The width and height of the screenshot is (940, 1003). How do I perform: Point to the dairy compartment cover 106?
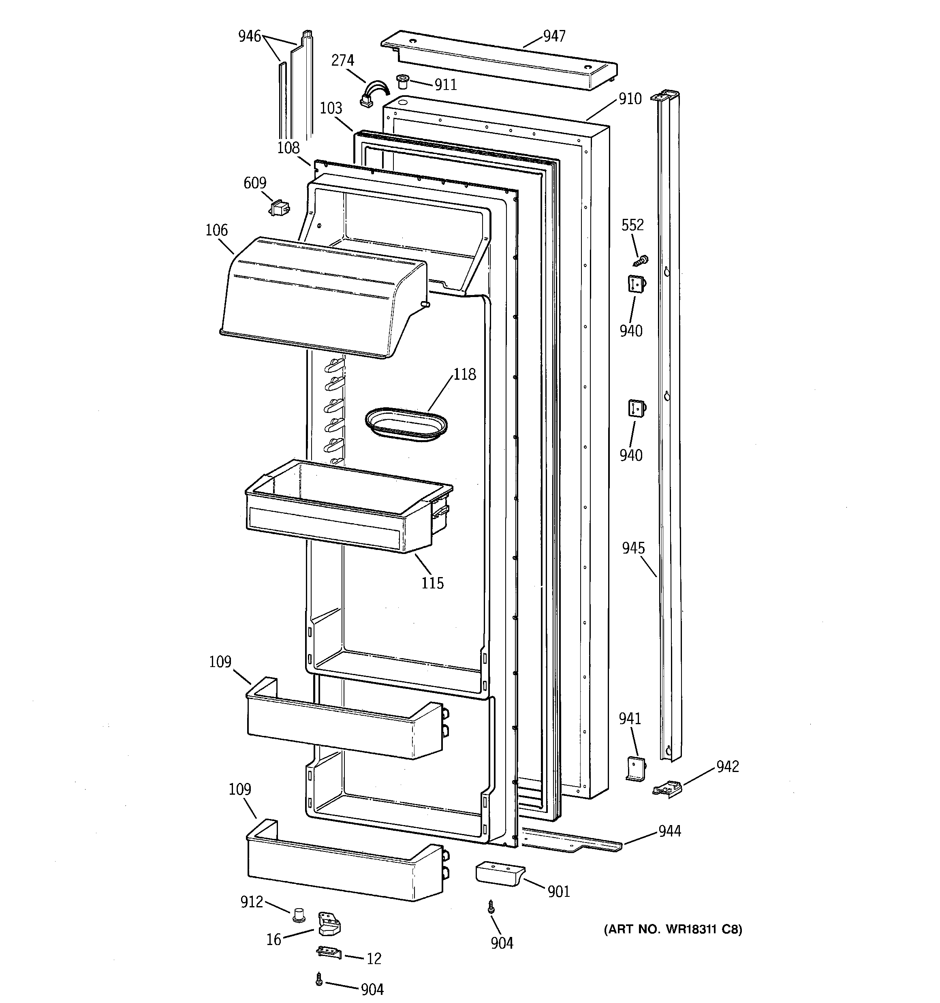[x=318, y=298]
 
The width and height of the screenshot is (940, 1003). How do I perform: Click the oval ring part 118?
[x=406, y=424]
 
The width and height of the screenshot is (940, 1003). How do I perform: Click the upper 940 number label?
[x=631, y=331]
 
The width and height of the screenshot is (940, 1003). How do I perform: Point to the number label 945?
[x=633, y=548]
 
